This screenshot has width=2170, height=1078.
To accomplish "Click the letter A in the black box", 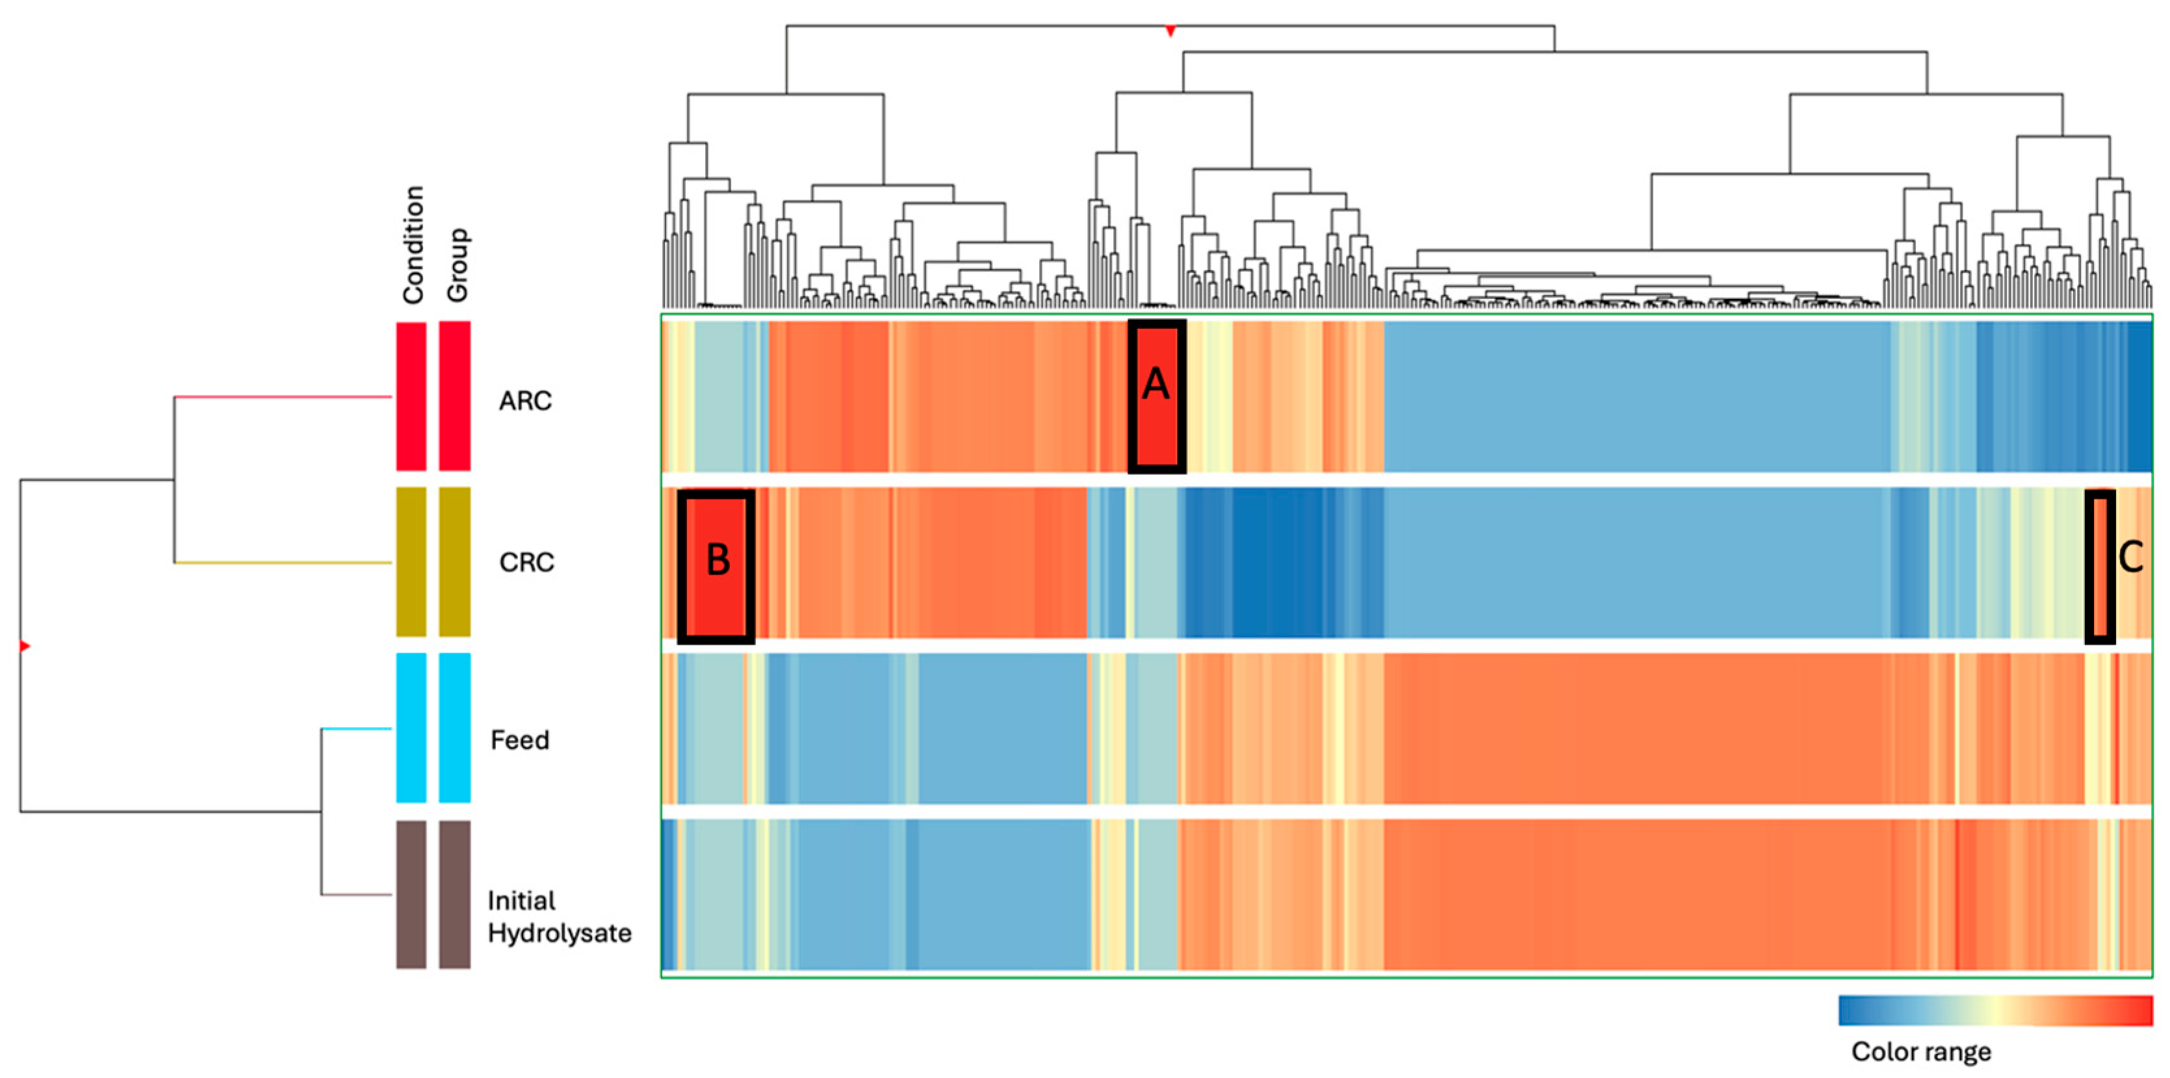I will [x=1156, y=385].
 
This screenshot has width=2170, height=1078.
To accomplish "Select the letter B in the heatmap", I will [x=717, y=559].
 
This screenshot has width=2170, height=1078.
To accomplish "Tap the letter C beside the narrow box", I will [x=2130, y=557].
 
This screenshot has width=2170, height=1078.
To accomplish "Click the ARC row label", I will [x=525, y=401].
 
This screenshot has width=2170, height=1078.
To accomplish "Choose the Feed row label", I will [x=520, y=740].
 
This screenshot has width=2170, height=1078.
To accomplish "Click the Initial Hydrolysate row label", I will [x=558, y=916].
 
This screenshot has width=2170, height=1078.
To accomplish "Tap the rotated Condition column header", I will [x=413, y=244].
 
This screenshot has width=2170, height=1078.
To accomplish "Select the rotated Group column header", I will [x=457, y=264].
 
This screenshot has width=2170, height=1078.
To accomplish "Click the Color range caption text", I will [x=1920, y=1051].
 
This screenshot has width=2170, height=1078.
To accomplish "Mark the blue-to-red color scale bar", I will [x=1995, y=1010].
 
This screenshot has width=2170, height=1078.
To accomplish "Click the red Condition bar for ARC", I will [x=411, y=396].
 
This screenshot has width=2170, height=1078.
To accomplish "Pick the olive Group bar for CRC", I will [x=455, y=561].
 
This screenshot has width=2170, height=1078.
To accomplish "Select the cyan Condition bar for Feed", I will [x=411, y=728].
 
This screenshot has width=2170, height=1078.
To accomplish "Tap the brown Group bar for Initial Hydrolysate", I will [x=455, y=894].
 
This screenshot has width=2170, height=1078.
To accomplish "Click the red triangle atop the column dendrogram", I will [x=1170, y=31].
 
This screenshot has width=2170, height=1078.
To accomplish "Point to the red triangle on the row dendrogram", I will [x=25, y=646].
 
